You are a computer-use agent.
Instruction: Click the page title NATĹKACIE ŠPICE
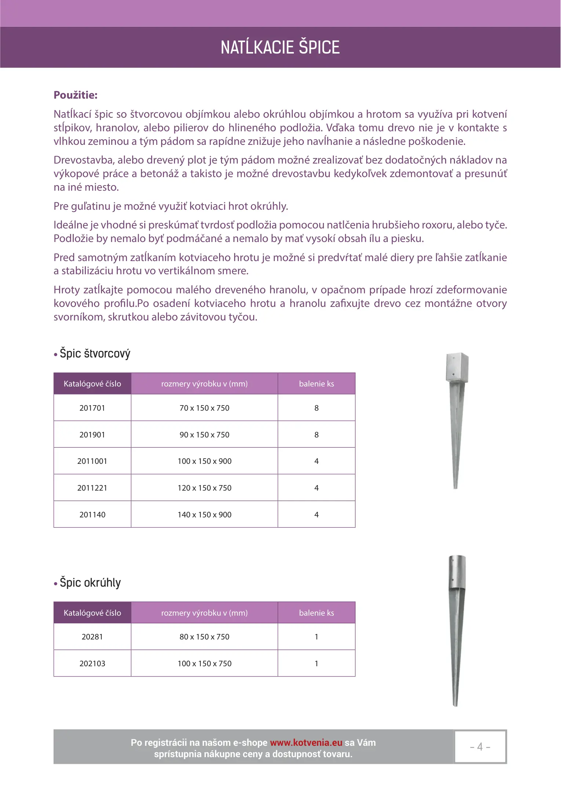coord(280,47)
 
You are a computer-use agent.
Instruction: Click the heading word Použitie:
coord(76,95)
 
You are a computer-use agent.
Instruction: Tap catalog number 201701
coord(92,408)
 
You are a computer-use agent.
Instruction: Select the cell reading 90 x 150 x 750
coord(204,434)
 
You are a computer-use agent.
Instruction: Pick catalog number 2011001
coord(92,461)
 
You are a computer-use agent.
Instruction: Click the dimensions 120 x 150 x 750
coord(204,488)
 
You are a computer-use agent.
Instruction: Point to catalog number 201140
coord(92,514)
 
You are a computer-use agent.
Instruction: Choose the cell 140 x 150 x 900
coord(204,514)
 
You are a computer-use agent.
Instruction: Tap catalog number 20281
coord(92,637)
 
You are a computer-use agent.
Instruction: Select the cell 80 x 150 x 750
coord(204,637)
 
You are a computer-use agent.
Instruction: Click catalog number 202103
coord(92,663)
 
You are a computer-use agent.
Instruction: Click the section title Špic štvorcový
coord(95,353)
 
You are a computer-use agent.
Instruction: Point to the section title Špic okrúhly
coord(90,582)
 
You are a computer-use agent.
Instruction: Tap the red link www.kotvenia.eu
coord(306,742)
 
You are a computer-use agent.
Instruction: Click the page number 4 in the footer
coord(480,747)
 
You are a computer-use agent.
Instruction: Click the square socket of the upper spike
coord(457,368)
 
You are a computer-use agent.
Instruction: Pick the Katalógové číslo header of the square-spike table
coord(92,384)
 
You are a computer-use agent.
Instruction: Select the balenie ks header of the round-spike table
coord(316,613)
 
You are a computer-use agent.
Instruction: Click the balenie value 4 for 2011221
coord(316,488)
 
